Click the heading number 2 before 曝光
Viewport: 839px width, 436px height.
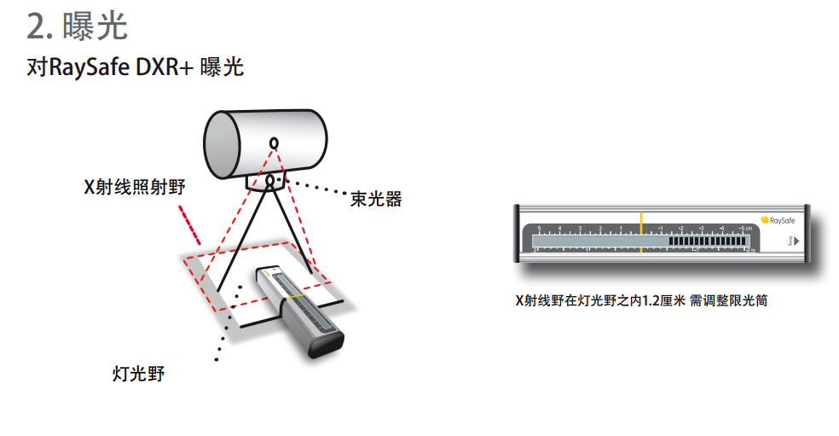(36, 26)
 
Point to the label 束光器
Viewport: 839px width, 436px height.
(375, 200)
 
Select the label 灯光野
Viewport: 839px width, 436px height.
(138, 373)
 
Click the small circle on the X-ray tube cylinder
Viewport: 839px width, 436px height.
(274, 142)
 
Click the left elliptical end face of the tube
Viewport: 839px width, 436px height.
(221, 144)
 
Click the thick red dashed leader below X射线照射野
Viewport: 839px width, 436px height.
(189, 224)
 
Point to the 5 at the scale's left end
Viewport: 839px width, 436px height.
(539, 228)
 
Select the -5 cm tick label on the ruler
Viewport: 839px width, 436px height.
(744, 228)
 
